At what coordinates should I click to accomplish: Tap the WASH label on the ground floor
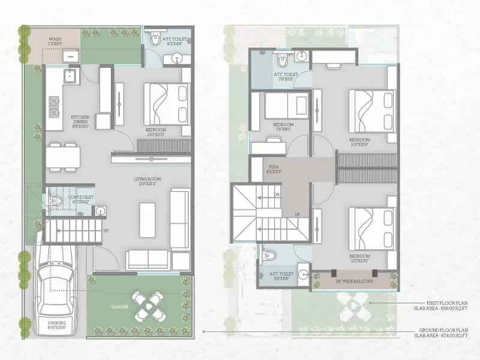click(x=55, y=40)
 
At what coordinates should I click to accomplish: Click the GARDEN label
click(x=118, y=306)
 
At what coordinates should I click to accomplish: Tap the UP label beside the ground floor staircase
click(x=107, y=230)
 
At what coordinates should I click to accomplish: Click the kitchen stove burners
click(x=55, y=106)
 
